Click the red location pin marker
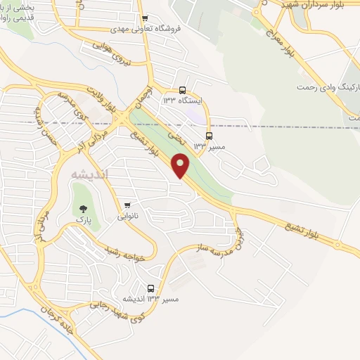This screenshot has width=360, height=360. [x=183, y=166]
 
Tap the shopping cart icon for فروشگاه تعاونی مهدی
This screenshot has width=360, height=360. [x=145, y=19]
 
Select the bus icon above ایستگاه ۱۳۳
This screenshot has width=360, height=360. [x=183, y=90]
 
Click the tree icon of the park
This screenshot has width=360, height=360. [x=84, y=208]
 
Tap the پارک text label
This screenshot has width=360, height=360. [x=84, y=220]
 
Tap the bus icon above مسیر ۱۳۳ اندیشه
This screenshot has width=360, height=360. [x=151, y=288]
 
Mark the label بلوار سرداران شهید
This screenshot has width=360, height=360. [x=314, y=6]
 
